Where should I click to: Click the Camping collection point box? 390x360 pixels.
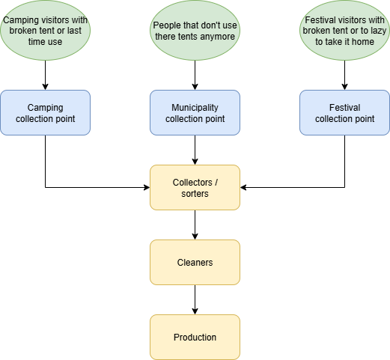point(45,113)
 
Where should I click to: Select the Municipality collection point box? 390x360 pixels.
point(195,113)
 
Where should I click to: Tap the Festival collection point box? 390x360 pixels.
point(344,113)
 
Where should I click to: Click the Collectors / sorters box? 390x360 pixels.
point(195,188)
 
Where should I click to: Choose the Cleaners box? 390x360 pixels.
point(195,263)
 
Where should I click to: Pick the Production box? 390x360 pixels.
point(195,338)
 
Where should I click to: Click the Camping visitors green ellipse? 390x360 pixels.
point(45,31)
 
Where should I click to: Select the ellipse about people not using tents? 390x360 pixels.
point(195,31)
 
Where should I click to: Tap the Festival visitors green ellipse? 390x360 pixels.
point(344,31)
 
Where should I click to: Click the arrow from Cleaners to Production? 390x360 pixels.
point(195,299)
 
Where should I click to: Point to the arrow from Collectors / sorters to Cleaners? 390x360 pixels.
point(195,225)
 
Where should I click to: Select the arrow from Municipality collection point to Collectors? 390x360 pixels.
point(195,150)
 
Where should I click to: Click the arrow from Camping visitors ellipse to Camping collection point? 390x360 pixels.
point(45,75)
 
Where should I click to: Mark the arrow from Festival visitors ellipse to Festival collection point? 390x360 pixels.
point(344,75)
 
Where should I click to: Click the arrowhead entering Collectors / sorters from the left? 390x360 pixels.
point(147,187)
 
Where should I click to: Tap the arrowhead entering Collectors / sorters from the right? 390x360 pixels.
point(243,187)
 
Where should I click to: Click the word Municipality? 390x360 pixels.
point(195,108)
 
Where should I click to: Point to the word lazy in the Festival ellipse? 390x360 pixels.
point(378,31)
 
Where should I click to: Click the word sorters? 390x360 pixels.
point(195,194)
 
